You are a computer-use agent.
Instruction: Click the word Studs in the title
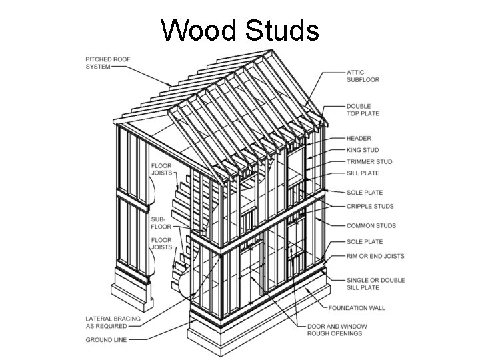(x=279, y=31)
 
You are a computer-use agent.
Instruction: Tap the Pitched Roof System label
(x=108, y=63)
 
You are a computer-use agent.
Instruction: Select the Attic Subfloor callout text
(x=363, y=76)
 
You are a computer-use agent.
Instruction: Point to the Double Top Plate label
(x=363, y=110)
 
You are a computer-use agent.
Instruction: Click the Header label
(x=359, y=139)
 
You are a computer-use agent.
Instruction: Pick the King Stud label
(x=363, y=150)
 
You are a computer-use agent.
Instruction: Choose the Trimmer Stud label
(x=369, y=161)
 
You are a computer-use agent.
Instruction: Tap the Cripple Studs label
(x=369, y=207)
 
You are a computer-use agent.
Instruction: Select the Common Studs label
(x=371, y=226)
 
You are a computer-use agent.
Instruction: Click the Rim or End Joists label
(x=375, y=256)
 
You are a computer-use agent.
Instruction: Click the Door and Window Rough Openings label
(x=335, y=329)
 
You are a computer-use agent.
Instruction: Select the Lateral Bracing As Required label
(x=113, y=323)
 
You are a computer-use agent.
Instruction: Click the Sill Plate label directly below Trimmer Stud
(x=363, y=173)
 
